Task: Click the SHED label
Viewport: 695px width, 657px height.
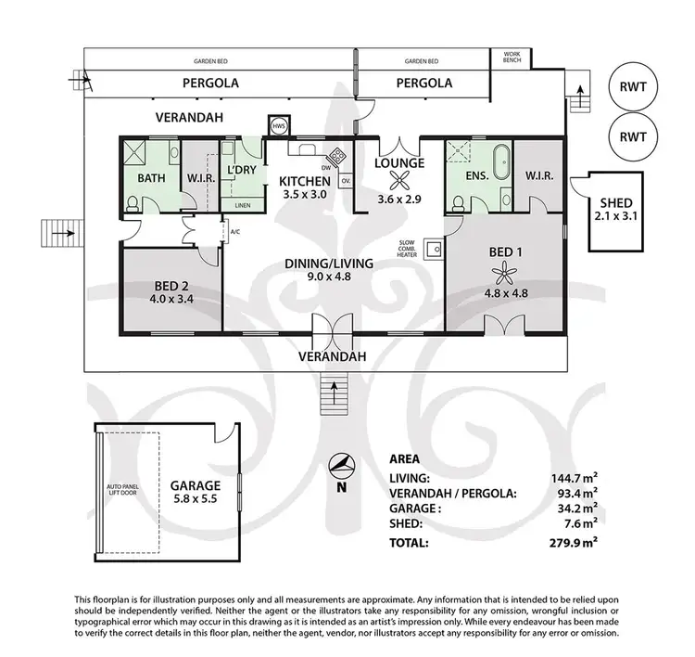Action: click(615, 203)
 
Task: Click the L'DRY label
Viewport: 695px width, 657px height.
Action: click(241, 170)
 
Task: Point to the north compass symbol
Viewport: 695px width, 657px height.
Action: click(341, 465)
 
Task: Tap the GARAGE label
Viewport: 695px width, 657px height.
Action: click(195, 484)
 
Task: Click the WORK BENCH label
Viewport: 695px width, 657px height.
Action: click(512, 58)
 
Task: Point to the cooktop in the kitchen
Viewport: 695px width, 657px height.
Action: click(338, 155)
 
